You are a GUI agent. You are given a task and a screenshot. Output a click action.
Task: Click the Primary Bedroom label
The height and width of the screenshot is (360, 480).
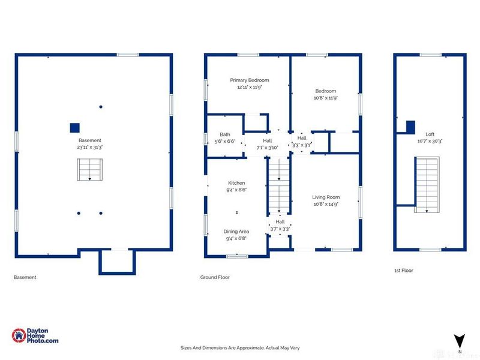(x=250, y=80)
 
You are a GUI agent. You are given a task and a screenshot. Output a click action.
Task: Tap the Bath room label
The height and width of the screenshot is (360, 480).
(x=225, y=134)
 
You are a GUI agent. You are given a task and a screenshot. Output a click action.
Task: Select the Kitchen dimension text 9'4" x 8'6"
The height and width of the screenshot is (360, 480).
(x=236, y=190)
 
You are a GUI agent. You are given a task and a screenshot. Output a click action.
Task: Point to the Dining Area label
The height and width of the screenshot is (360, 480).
(x=236, y=232)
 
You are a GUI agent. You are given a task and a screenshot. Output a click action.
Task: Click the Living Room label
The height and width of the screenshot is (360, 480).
(x=326, y=197)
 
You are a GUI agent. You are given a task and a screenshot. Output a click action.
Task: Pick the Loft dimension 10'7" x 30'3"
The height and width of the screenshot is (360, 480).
(x=430, y=141)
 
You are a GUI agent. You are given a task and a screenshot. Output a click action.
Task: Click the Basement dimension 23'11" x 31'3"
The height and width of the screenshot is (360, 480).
(x=89, y=147)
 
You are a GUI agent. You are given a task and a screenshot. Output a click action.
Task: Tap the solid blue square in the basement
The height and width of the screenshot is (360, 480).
(x=74, y=128)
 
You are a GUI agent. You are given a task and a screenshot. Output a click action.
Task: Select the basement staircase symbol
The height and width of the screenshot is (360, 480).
(x=89, y=170)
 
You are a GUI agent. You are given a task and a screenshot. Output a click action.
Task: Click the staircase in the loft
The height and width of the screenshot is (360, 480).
(x=427, y=185)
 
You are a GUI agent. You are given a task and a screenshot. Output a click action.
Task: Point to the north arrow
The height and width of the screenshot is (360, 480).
(x=459, y=341)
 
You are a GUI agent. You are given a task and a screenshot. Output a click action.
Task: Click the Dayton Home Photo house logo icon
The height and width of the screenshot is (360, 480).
(x=19, y=335)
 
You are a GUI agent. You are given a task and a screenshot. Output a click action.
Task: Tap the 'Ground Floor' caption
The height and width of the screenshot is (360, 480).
(x=215, y=277)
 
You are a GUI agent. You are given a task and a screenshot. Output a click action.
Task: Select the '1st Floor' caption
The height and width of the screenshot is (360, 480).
(x=403, y=271)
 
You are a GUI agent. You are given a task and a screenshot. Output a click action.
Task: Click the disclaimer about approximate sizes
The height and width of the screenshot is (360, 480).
(x=240, y=348)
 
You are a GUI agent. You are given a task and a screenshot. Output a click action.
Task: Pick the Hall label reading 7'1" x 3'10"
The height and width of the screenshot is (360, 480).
(x=267, y=144)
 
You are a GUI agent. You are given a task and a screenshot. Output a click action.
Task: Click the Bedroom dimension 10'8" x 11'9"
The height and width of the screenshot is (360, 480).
(x=325, y=98)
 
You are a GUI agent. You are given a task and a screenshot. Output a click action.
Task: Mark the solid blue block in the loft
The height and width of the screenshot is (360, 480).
(x=410, y=127)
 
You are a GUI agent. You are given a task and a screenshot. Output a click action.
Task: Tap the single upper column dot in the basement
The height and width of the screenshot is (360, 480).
(x=101, y=107)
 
